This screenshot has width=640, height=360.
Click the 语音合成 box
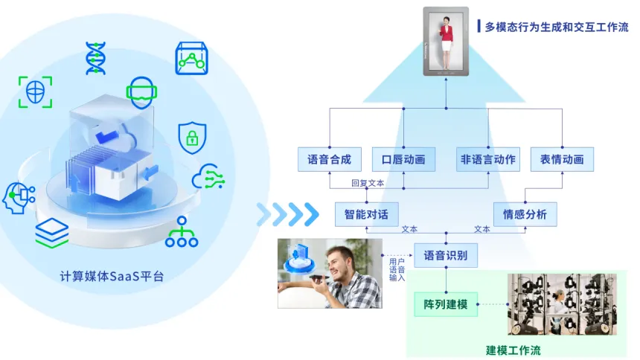click(x=329, y=159)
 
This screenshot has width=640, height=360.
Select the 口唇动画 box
click(x=403, y=159)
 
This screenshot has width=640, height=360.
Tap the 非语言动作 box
click(x=488, y=159)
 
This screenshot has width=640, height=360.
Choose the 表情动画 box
click(x=562, y=159)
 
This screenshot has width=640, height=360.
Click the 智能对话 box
click(x=366, y=214)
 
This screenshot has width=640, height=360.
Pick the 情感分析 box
click(x=525, y=214)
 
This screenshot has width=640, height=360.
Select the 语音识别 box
click(x=446, y=255)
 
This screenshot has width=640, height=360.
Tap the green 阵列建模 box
click(x=446, y=304)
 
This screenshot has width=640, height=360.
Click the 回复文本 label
click(x=368, y=183)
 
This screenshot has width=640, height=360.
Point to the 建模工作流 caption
click(x=513, y=350)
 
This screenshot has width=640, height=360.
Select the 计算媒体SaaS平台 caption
click(x=112, y=276)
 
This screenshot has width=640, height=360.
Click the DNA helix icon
click(x=95, y=58)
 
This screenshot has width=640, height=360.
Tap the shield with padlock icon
click(x=191, y=136)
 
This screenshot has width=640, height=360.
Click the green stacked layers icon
click(x=51, y=233)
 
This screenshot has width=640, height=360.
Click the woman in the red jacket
click(x=447, y=41)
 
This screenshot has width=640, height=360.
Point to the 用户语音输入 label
click(x=397, y=269)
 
